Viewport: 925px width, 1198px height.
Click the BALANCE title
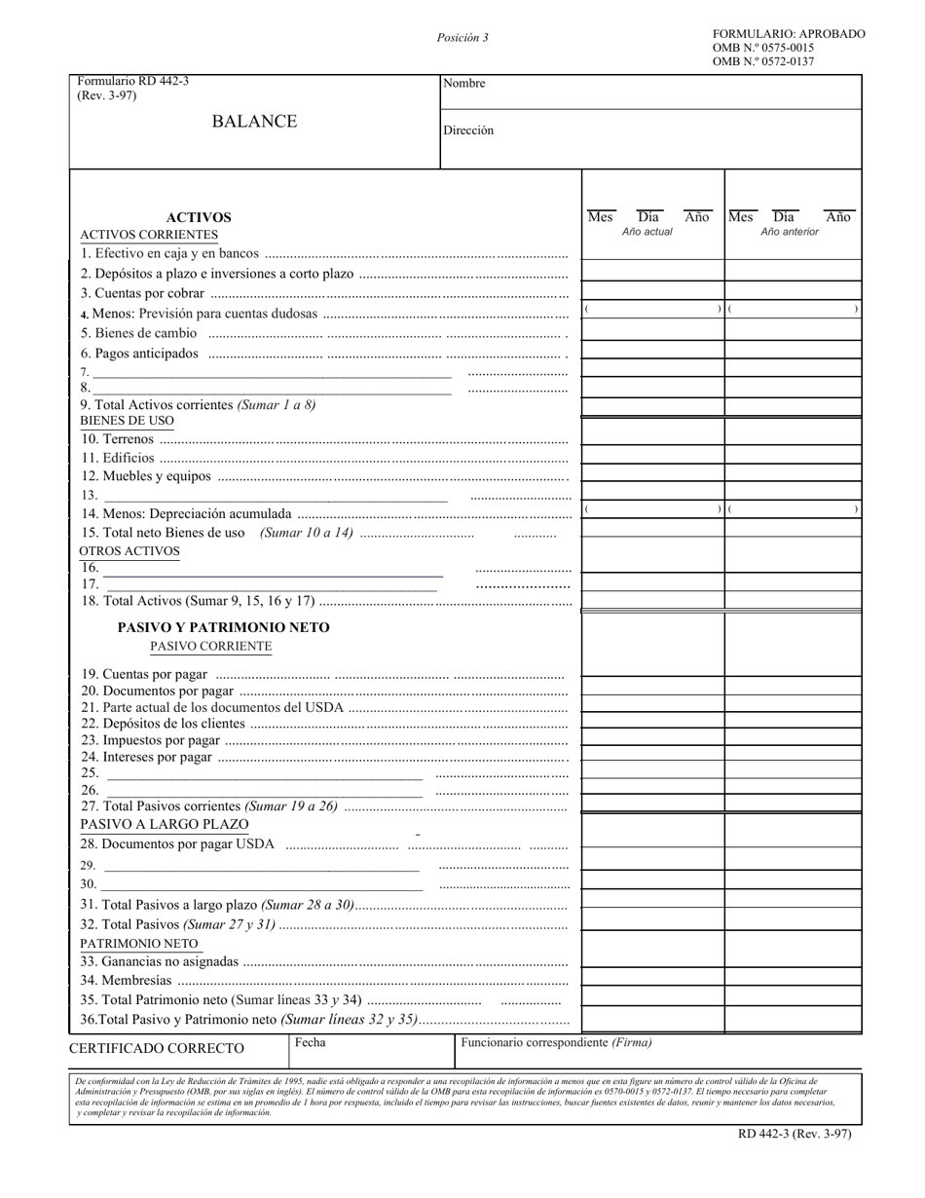[x=254, y=122]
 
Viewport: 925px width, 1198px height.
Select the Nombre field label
[x=463, y=84]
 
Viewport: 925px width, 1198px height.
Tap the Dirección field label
[x=468, y=131]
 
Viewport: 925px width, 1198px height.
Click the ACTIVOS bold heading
[x=199, y=218]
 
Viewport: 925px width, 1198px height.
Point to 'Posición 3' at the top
[x=462, y=38]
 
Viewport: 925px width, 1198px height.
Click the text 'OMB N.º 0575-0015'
[x=763, y=48]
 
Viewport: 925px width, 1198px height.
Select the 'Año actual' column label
[x=647, y=232]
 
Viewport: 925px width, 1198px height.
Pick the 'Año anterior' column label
[x=790, y=232]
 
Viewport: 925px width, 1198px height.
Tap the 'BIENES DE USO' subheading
[x=127, y=421]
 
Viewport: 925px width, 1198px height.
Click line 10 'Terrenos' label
[x=117, y=439]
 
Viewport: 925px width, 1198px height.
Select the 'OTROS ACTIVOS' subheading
[x=129, y=551]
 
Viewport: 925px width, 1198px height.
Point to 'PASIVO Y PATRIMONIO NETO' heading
[x=223, y=628]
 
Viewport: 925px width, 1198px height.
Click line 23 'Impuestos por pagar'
[x=150, y=740]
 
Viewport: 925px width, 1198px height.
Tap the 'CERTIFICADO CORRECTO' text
[x=157, y=1049]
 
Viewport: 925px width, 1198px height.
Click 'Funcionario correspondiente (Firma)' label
[x=556, y=1042]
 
